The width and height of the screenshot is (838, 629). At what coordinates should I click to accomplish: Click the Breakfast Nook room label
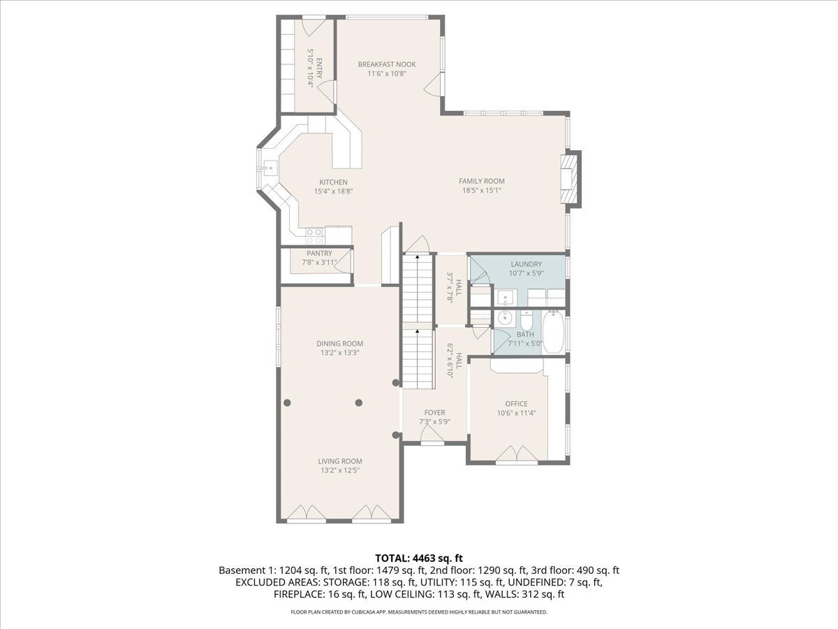[x=387, y=64]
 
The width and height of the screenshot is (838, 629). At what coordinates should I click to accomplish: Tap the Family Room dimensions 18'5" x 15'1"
[x=481, y=191]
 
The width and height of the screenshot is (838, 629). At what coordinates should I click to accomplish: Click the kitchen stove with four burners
[x=314, y=236]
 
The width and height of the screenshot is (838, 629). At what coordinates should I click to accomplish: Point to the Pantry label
[x=319, y=253]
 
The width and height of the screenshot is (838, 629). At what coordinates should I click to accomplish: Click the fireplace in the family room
[x=571, y=180]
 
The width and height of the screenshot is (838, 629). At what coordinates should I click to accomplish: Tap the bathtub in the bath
[x=552, y=332]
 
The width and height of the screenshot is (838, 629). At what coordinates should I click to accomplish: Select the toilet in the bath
[x=526, y=320]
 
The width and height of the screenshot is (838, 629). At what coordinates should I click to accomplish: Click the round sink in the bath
[x=505, y=317]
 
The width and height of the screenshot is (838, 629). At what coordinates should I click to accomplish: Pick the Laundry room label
[x=526, y=264]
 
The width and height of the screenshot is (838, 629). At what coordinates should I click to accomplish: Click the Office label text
[x=516, y=404]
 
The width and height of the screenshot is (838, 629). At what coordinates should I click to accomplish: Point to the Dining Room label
[x=340, y=343]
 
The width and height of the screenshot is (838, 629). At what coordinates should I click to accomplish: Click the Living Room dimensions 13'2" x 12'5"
[x=340, y=470]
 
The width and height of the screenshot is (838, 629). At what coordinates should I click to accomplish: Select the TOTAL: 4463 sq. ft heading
[x=419, y=558]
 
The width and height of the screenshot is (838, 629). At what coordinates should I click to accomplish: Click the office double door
[x=517, y=453]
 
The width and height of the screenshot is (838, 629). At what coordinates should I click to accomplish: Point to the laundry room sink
[x=507, y=298]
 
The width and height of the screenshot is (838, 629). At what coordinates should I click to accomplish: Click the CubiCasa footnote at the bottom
[x=419, y=612]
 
